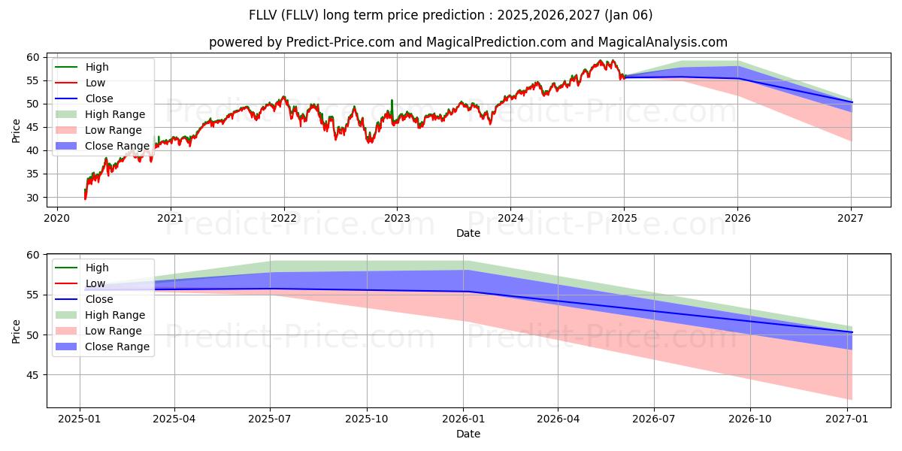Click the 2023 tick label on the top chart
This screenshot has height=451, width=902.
coord(397,218)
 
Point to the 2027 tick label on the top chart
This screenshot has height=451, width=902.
coord(851,218)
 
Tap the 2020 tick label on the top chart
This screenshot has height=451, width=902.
coord(57,218)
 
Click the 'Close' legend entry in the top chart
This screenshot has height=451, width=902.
coord(99,98)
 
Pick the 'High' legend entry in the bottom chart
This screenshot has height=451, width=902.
coord(97,268)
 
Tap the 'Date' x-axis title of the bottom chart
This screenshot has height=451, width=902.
coord(468,434)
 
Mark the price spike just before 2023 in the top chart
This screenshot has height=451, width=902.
coord(392,100)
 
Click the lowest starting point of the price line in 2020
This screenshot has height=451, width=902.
coord(85,198)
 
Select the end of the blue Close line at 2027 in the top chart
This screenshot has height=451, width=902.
coord(852,102)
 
